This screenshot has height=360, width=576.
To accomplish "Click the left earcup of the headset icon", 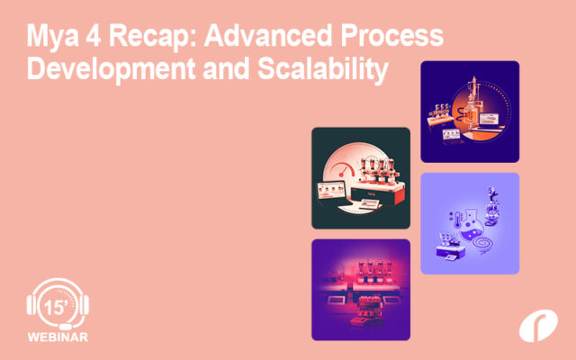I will tap(34, 306).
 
